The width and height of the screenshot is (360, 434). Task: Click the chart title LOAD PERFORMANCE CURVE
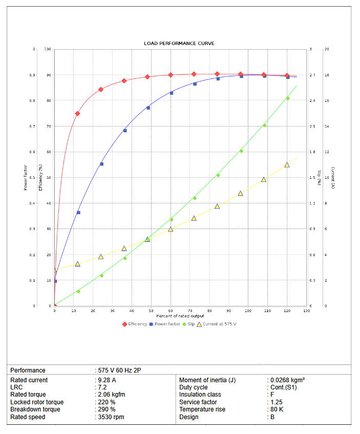[179, 43]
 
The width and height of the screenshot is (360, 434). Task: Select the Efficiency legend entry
[136, 324]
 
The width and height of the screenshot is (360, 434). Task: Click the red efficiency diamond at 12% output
[77, 114]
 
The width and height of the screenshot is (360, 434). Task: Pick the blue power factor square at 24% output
[101, 164]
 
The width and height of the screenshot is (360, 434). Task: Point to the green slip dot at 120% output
[287, 98]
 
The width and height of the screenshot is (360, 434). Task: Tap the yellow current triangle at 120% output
[287, 165]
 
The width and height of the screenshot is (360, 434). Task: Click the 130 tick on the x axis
[306, 311]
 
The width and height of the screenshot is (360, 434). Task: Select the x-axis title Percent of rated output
[180, 316]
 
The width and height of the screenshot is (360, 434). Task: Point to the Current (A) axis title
[332, 178]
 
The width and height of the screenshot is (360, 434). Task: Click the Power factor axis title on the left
[25, 178]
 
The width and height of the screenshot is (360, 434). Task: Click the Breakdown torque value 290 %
[108, 409]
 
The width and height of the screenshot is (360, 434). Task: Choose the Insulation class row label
[200, 395]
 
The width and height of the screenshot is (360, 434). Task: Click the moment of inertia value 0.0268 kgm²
[288, 380]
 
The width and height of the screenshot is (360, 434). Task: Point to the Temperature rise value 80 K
[277, 409]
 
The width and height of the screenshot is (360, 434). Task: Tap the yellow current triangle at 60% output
[171, 229]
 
